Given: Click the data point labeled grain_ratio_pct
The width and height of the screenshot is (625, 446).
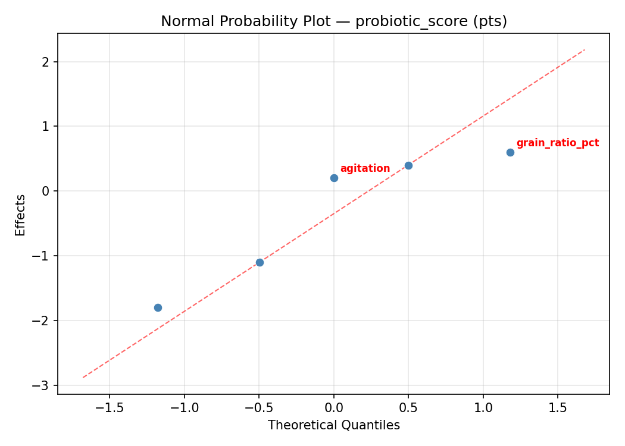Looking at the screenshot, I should click(x=510, y=152).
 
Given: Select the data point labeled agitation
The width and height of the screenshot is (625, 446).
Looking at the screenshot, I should click(x=334, y=178).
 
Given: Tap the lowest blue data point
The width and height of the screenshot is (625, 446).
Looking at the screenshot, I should click(x=158, y=307).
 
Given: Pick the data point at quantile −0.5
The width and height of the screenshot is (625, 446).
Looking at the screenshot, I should click(x=260, y=262).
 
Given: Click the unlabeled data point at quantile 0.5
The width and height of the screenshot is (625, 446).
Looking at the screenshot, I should click(x=408, y=165).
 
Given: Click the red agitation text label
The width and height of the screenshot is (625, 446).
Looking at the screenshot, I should click(x=365, y=168).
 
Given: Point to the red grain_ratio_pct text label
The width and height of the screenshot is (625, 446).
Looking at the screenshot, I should click(x=557, y=143).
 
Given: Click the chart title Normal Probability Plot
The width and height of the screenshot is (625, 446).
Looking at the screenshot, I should click(x=334, y=21).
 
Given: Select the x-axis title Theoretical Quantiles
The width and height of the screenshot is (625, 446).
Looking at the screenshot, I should click(x=334, y=425).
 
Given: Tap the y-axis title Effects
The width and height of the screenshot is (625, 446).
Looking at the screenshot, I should click(x=21, y=215).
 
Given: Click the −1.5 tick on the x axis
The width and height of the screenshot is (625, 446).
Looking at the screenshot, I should click(x=110, y=407).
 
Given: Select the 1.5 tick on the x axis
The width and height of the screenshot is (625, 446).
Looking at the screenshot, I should click(x=558, y=407).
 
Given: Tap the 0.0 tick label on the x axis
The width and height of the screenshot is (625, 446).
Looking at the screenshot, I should click(x=334, y=407).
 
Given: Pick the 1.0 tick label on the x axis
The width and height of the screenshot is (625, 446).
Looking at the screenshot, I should click(x=483, y=407).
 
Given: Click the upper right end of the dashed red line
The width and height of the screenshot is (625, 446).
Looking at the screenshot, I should click(x=585, y=50).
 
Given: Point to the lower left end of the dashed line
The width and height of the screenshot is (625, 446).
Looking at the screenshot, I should click(x=83, y=377).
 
